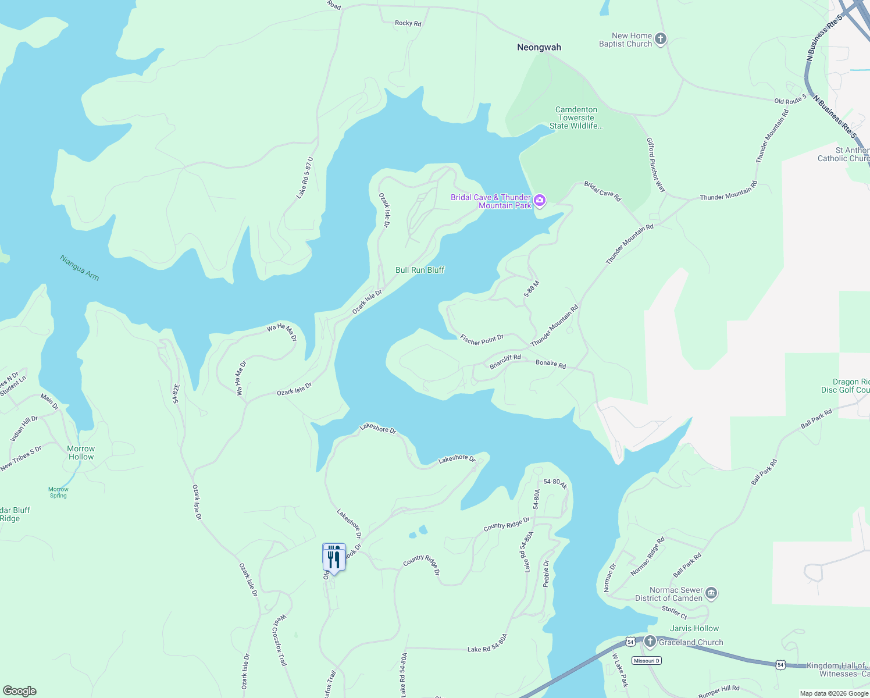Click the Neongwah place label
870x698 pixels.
pos(539,47)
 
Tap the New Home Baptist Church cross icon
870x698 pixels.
pos(660,40)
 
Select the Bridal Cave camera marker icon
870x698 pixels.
pos(540,201)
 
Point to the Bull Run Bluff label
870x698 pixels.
pos(420,270)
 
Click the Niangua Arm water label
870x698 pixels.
pos(80,268)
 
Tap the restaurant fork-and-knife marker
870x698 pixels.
pos(334,558)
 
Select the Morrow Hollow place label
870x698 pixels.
pos(81,453)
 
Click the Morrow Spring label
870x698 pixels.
pos(58,492)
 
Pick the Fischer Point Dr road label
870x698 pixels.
pos(482,340)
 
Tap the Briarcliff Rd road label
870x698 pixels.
pos(505,362)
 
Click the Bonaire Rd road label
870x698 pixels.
pos(550,364)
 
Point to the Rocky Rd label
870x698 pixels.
pos(408,23)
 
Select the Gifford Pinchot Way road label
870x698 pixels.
pos(656,165)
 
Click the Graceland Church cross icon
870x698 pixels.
pos(650,642)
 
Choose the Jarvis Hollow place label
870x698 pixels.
pos(694,628)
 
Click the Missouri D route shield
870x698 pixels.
pos(647,661)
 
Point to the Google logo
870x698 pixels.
pos(19,691)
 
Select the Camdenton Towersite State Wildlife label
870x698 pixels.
pos(576,117)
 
